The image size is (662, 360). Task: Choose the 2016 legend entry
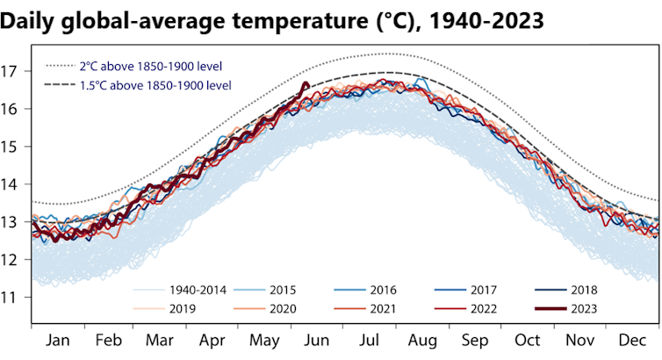(382, 289)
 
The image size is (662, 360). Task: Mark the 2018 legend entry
(584, 289)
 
